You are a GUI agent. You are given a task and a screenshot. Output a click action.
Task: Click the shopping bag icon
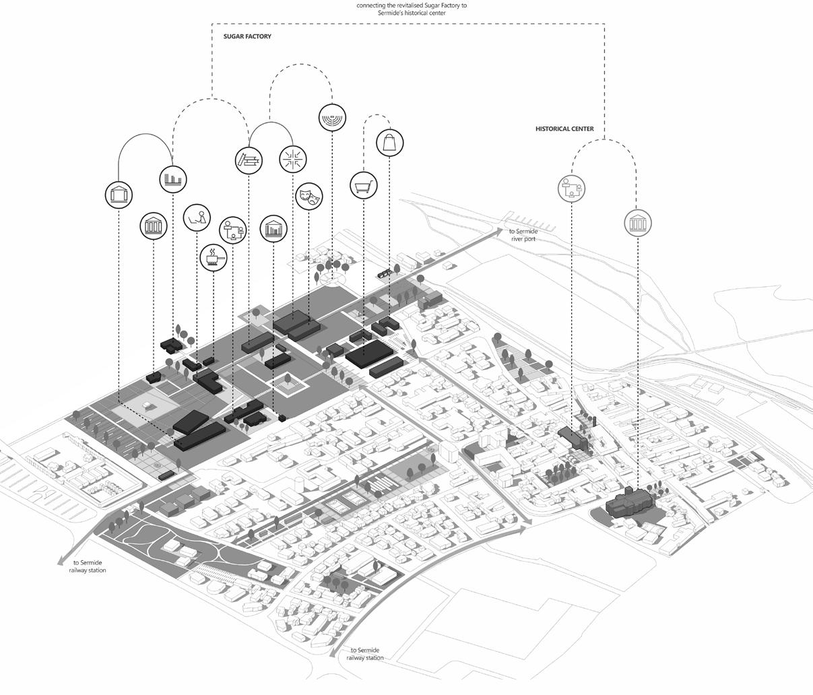[x=390, y=143]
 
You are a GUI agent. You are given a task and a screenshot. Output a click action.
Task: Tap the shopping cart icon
[x=364, y=185]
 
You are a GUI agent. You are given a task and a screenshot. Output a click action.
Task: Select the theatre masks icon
[x=309, y=196]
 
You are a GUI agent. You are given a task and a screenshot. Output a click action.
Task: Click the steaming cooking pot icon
[x=214, y=257]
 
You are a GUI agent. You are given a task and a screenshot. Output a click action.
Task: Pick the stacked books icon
[x=249, y=160]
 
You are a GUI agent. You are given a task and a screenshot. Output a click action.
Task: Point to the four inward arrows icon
[x=293, y=159]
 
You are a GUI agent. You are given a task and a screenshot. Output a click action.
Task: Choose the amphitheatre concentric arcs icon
[x=332, y=117]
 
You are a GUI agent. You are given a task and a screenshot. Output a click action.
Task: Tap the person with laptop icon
[x=197, y=217]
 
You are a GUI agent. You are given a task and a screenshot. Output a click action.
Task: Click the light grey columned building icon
[x=637, y=223]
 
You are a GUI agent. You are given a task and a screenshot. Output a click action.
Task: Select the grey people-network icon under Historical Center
[x=572, y=188]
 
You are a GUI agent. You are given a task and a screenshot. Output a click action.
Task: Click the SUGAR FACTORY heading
[x=247, y=36]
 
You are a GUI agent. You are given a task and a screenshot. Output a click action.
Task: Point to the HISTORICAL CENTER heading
[x=564, y=129]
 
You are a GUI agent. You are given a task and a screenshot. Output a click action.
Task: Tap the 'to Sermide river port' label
[x=523, y=235]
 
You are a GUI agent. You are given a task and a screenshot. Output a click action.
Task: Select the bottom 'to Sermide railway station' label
[x=365, y=654]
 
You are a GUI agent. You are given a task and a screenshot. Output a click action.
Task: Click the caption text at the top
[x=412, y=9]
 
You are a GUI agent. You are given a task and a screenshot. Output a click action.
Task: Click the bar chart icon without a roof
[x=172, y=179]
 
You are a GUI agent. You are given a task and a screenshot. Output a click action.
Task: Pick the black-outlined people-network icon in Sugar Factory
[x=233, y=229]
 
